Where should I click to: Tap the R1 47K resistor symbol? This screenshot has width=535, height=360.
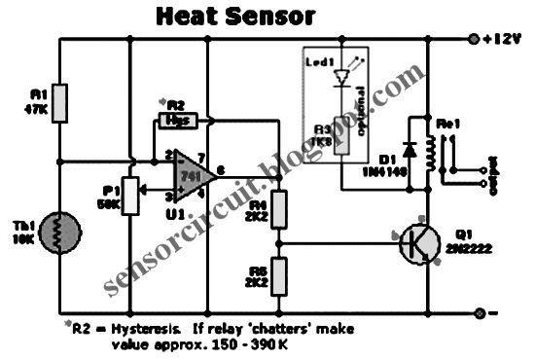[59, 102]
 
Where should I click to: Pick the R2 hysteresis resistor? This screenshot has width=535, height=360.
[178, 121]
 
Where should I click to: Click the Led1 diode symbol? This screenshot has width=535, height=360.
[340, 78]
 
